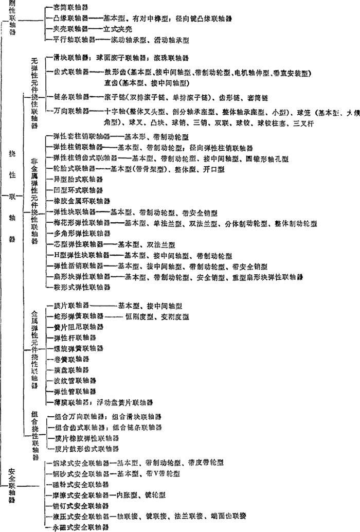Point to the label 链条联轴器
(71, 97)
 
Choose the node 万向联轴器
(71, 110)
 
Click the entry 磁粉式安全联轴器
(78, 484)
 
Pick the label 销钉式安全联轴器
(78, 506)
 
